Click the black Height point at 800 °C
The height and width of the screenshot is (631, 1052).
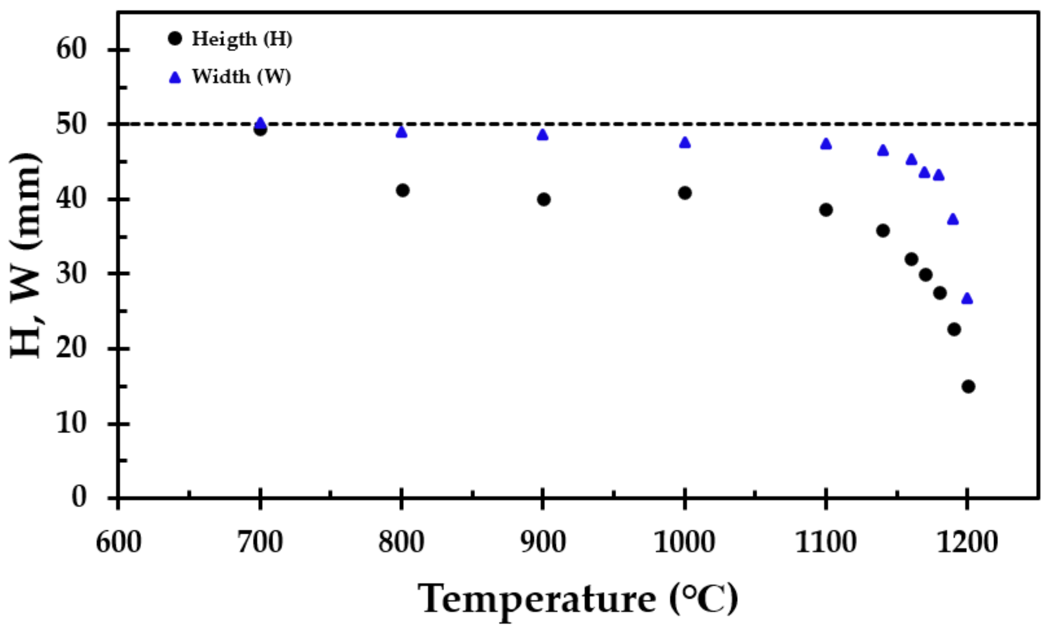(x=402, y=190)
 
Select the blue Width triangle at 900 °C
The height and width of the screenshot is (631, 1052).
(x=543, y=135)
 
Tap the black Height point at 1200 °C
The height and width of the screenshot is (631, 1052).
(x=968, y=387)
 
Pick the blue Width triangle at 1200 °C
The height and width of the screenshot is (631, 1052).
(x=967, y=299)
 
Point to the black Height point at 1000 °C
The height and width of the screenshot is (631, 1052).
(x=685, y=193)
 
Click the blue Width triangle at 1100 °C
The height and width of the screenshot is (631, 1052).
(x=826, y=144)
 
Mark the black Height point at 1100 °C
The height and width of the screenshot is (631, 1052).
(x=826, y=210)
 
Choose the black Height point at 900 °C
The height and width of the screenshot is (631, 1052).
(x=543, y=199)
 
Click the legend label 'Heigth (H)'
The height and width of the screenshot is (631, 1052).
(x=242, y=39)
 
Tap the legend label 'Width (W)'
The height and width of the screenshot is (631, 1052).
(x=241, y=77)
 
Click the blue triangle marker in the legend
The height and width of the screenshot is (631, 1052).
(x=175, y=78)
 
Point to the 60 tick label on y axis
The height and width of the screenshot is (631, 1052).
(x=71, y=49)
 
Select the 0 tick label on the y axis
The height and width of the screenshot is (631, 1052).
(x=79, y=497)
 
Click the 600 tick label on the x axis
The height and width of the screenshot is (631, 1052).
(x=119, y=542)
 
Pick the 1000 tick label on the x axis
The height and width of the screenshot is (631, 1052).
(x=684, y=542)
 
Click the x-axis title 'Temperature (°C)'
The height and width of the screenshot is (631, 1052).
(x=578, y=599)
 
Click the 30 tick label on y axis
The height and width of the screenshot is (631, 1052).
(x=71, y=274)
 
